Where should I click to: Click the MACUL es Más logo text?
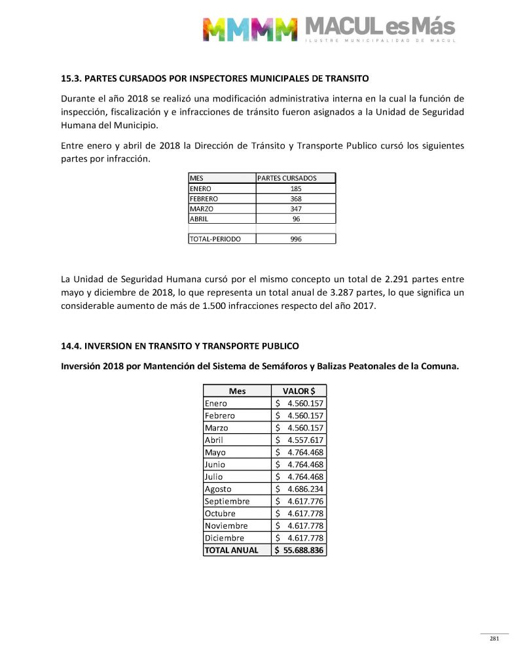coord(379,27)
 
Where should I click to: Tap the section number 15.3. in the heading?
coord(71,79)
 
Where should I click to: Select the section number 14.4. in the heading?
coord(71,345)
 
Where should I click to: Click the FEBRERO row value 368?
coord(296,198)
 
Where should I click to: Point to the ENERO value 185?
coord(296,188)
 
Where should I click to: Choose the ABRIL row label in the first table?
coord(199,219)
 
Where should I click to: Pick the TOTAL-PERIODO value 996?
coord(296,239)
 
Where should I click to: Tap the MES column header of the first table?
coord(196,178)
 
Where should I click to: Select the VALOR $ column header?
coord(299,391)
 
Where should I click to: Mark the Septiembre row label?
coord(226,501)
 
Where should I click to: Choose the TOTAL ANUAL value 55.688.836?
coord(302,550)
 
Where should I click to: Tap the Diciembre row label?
coord(224,538)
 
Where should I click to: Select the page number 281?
coord(494,639)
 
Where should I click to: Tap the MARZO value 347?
coord(296,209)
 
